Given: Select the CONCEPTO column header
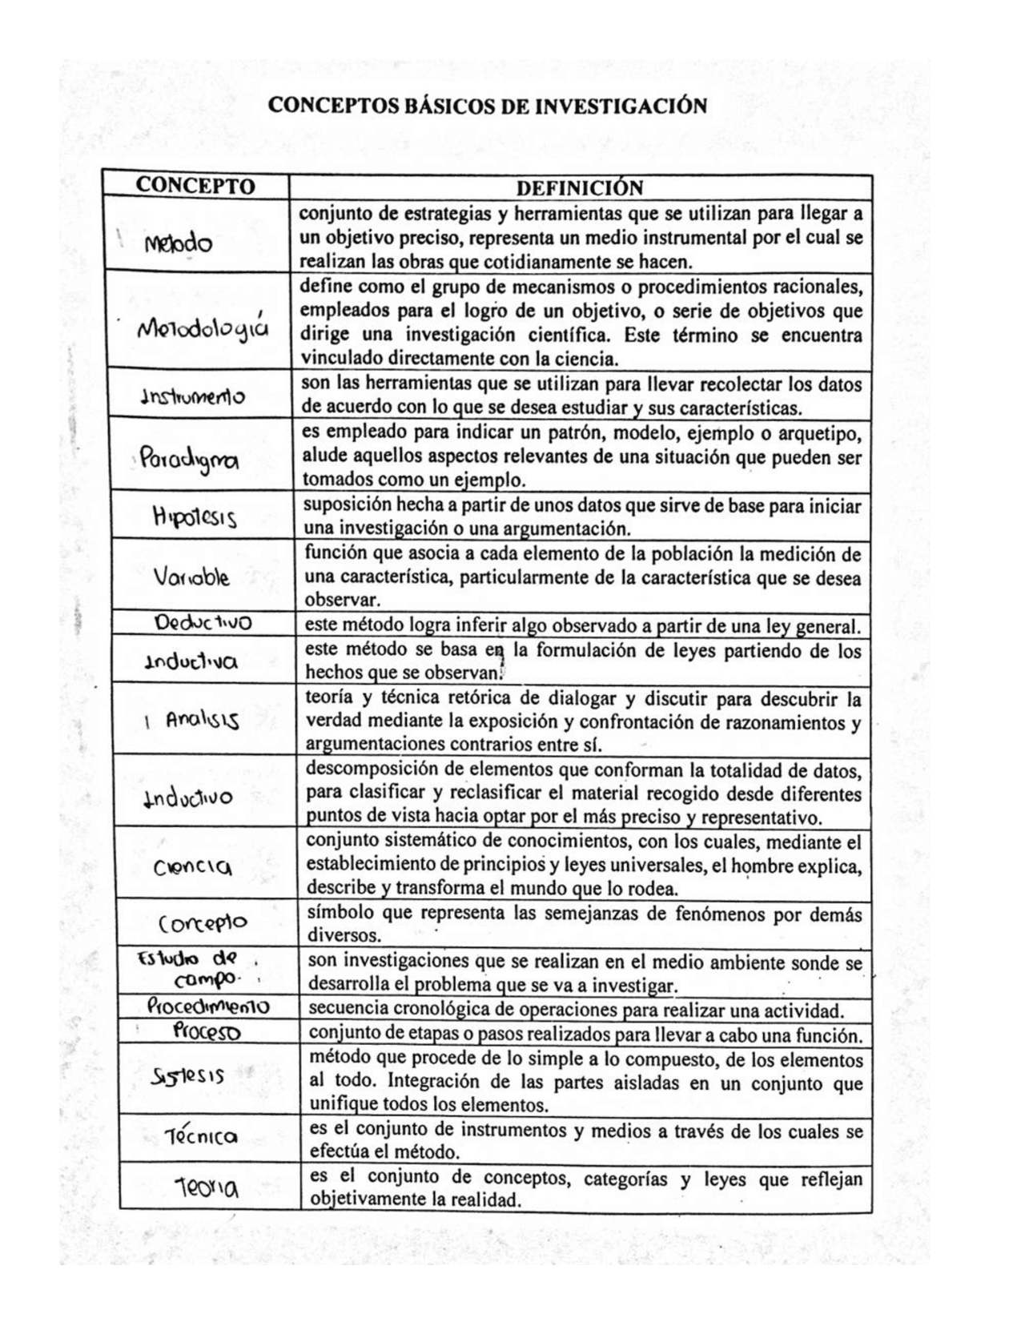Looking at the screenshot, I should click(x=195, y=187).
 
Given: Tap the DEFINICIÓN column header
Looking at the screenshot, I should click(x=580, y=188).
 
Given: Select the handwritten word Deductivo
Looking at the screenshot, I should click(x=203, y=623).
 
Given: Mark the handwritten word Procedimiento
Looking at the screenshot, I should click(x=208, y=1007).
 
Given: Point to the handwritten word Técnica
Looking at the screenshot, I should click(x=201, y=1136).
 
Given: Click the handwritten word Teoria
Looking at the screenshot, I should click(x=207, y=1190).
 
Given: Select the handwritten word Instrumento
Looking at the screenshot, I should click(x=193, y=396).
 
